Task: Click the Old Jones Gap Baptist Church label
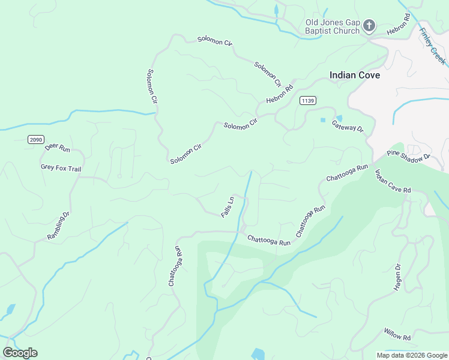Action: pyautogui.click(x=332, y=26)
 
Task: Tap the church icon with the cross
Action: pyautogui.click(x=369, y=26)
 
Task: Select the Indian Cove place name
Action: pyautogui.click(x=355, y=76)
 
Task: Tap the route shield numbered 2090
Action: pyautogui.click(x=36, y=139)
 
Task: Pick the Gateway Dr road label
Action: pyautogui.click(x=348, y=128)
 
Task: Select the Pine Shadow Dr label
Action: pyautogui.click(x=409, y=156)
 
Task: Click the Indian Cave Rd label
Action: pyautogui.click(x=393, y=181)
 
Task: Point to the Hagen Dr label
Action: pyautogui.click(x=397, y=277)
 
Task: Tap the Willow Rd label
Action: pyautogui.click(x=397, y=334)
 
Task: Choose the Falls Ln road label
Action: pyautogui.click(x=227, y=207)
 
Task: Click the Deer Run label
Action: pyautogui.click(x=58, y=147)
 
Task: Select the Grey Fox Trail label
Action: pyautogui.click(x=61, y=169)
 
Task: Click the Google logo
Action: pyautogui.click(x=20, y=353)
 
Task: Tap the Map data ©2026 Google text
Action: pyautogui.click(x=411, y=355)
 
